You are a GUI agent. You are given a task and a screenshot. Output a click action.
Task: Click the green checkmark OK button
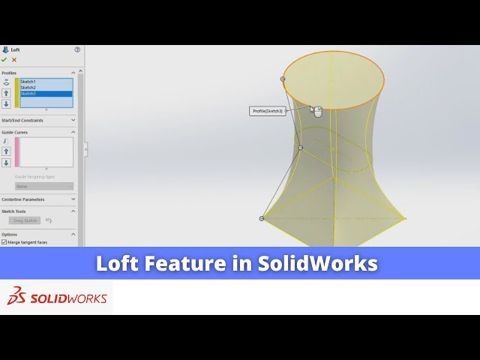(x=4, y=59)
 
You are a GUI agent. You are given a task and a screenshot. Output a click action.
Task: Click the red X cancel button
(x=14, y=59)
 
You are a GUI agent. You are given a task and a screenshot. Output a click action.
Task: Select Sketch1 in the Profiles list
(x=28, y=81)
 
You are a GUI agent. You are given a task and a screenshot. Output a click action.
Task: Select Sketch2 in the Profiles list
(x=28, y=87)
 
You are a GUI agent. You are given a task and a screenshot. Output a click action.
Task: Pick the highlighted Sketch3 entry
(x=28, y=94)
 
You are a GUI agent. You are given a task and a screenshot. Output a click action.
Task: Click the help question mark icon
(x=77, y=49)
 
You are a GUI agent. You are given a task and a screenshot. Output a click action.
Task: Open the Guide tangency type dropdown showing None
(x=44, y=186)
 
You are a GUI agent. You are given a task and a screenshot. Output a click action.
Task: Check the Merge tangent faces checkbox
(x=4, y=242)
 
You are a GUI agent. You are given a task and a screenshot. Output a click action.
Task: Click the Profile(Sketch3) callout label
(x=268, y=111)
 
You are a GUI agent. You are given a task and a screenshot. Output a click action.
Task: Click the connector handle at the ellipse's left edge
(x=283, y=79)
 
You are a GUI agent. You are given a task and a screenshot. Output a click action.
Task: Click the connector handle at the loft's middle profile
(x=301, y=148)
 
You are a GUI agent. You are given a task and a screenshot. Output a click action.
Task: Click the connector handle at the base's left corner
(x=262, y=218)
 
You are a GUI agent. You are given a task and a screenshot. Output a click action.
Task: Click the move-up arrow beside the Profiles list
(x=7, y=94)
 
